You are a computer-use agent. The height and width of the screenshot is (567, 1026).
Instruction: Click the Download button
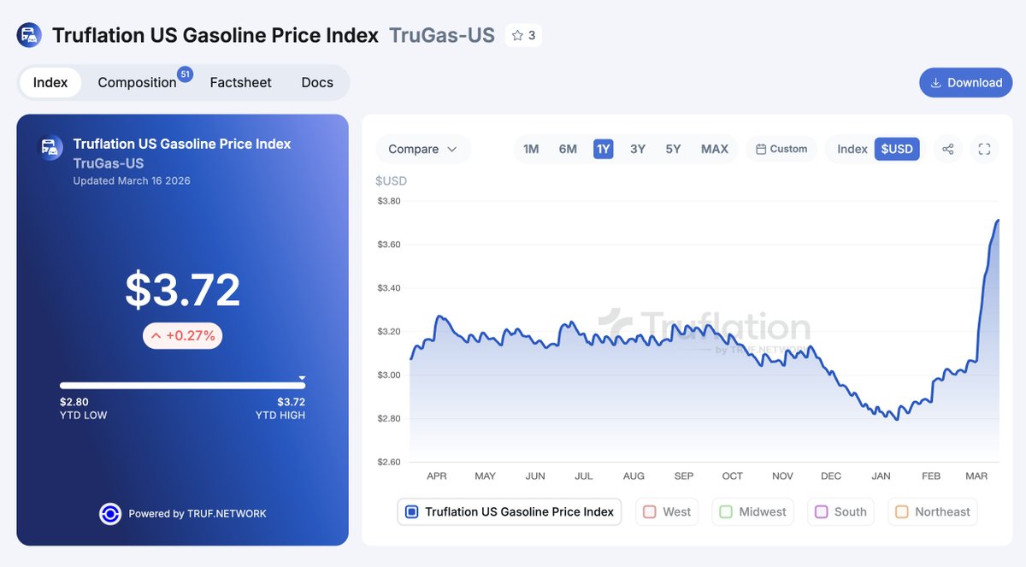tap(965, 83)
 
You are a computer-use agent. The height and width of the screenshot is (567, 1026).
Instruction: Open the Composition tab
tap(137, 83)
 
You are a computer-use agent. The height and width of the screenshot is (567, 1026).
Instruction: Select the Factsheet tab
tap(240, 83)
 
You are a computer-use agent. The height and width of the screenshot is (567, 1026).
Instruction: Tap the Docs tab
tap(317, 83)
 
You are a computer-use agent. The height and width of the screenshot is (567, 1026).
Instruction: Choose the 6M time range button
tap(568, 149)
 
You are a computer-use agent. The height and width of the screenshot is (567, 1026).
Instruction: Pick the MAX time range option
tap(714, 149)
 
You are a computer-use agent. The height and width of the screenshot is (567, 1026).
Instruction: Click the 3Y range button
tap(638, 149)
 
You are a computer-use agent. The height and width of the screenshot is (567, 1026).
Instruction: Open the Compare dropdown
tap(422, 149)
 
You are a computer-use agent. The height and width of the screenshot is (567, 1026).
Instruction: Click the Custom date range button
tap(781, 149)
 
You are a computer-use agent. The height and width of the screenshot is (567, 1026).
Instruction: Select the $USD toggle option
tap(897, 149)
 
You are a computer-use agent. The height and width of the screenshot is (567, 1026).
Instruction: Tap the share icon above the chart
tap(948, 149)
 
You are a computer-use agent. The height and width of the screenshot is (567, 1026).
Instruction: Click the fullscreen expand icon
tap(984, 149)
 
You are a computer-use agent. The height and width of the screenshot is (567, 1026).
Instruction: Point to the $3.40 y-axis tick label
tap(389, 288)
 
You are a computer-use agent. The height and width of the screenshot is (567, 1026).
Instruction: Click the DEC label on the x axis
tap(830, 476)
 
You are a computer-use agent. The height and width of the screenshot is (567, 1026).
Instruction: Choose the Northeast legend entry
tap(933, 511)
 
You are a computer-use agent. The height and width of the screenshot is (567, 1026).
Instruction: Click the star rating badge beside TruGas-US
tap(523, 36)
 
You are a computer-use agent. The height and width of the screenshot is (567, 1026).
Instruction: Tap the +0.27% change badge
tap(182, 336)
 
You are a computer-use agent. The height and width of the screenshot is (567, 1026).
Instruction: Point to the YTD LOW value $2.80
tap(74, 402)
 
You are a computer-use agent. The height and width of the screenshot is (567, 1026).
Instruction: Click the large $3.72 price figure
tap(182, 291)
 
